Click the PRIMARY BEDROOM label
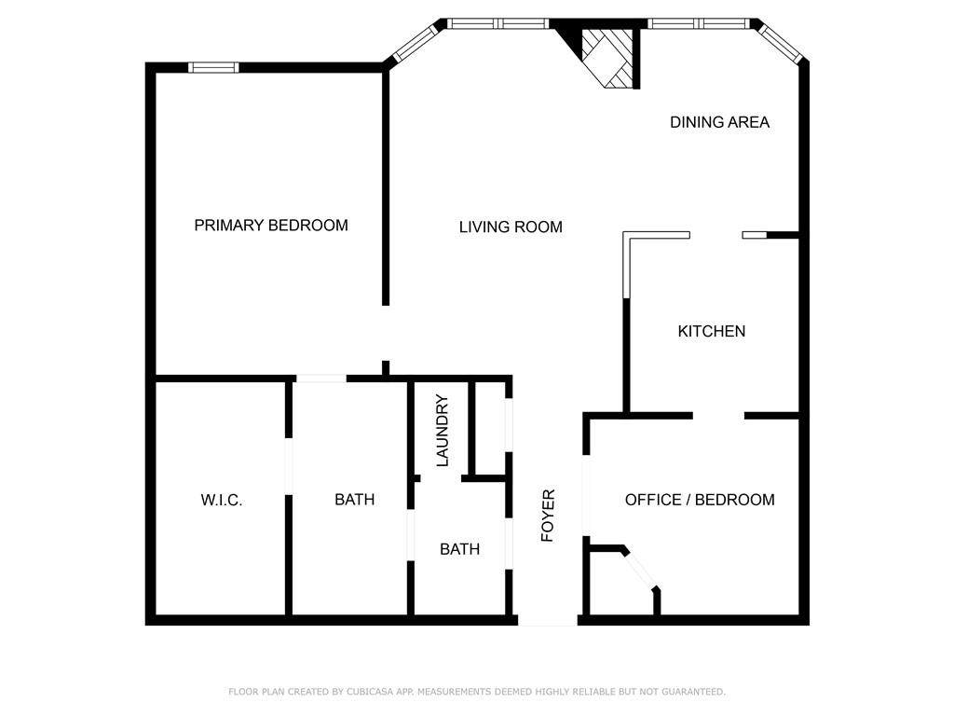(271, 226)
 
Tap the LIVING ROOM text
(511, 227)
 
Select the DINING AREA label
(719, 122)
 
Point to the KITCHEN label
(711, 331)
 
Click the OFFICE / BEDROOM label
(699, 500)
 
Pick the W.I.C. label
(222, 501)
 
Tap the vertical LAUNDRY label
(443, 431)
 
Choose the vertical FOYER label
(548, 515)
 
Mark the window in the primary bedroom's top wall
(213, 67)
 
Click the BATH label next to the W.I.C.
(354, 500)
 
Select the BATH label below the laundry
(459, 549)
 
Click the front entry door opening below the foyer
(548, 619)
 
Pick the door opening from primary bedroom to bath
(320, 378)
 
